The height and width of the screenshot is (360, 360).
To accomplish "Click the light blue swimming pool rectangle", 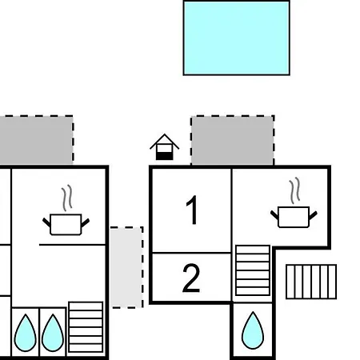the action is (x=237, y=38).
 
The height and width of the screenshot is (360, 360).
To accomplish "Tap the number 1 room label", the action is (x=192, y=210).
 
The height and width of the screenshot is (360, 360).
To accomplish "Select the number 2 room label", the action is (x=191, y=278).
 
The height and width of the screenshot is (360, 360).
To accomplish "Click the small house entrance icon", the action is (x=165, y=147).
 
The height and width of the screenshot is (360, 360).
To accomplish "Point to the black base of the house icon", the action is (x=165, y=156).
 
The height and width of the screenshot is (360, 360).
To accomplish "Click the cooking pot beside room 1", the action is (x=294, y=217).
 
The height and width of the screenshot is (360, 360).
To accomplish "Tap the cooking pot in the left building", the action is (x=66, y=225).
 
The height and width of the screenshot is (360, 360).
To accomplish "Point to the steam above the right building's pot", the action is (x=294, y=190).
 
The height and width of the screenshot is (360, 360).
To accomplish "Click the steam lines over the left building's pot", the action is (x=67, y=198).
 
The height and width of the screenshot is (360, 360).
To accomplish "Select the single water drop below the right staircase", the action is (x=253, y=330).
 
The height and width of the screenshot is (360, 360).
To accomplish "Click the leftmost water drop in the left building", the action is (x=26, y=333).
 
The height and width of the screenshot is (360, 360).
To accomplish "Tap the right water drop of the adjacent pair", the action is (x=53, y=333).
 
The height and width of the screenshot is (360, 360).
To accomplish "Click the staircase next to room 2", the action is (x=253, y=270).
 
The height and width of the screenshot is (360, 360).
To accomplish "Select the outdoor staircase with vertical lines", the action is (x=311, y=282).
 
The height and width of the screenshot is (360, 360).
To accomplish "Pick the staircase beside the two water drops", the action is (x=86, y=327).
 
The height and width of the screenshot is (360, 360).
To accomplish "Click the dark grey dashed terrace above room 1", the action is (x=233, y=141).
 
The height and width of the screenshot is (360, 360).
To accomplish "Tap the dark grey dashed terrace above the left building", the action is (x=36, y=140).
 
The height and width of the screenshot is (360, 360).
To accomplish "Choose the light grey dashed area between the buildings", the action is (x=127, y=267).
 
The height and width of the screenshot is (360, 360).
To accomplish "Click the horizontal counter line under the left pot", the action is (x=72, y=245).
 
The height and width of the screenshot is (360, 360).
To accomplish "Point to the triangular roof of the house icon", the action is (x=165, y=142).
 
